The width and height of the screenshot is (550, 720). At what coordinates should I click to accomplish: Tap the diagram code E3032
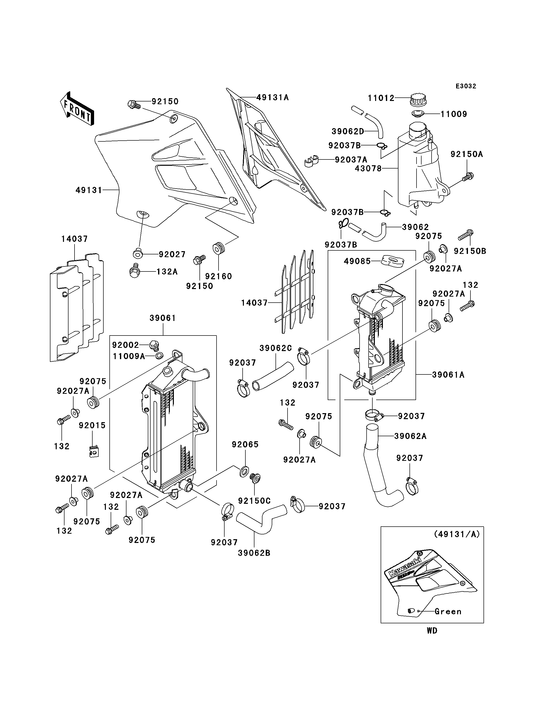point(466,86)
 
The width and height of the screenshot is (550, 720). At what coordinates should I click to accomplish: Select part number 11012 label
point(381,98)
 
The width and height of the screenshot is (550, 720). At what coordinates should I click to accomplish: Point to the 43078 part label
point(369,169)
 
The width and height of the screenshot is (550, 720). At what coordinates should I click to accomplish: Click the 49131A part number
point(273,97)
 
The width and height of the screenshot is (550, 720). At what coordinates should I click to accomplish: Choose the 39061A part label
point(448,375)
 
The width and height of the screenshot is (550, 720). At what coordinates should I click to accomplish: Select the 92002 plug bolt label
point(126,345)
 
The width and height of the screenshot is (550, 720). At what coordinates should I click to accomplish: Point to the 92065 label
point(245,445)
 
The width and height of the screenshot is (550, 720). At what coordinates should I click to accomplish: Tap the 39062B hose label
point(254,553)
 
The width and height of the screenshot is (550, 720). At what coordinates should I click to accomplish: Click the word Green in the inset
point(448,612)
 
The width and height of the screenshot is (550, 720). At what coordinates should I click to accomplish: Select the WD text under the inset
point(432,631)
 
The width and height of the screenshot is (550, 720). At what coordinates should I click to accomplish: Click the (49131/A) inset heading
point(457,534)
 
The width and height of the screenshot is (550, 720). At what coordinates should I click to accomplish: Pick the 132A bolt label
point(167,272)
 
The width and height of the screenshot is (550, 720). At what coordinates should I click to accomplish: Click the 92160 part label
point(219,276)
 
